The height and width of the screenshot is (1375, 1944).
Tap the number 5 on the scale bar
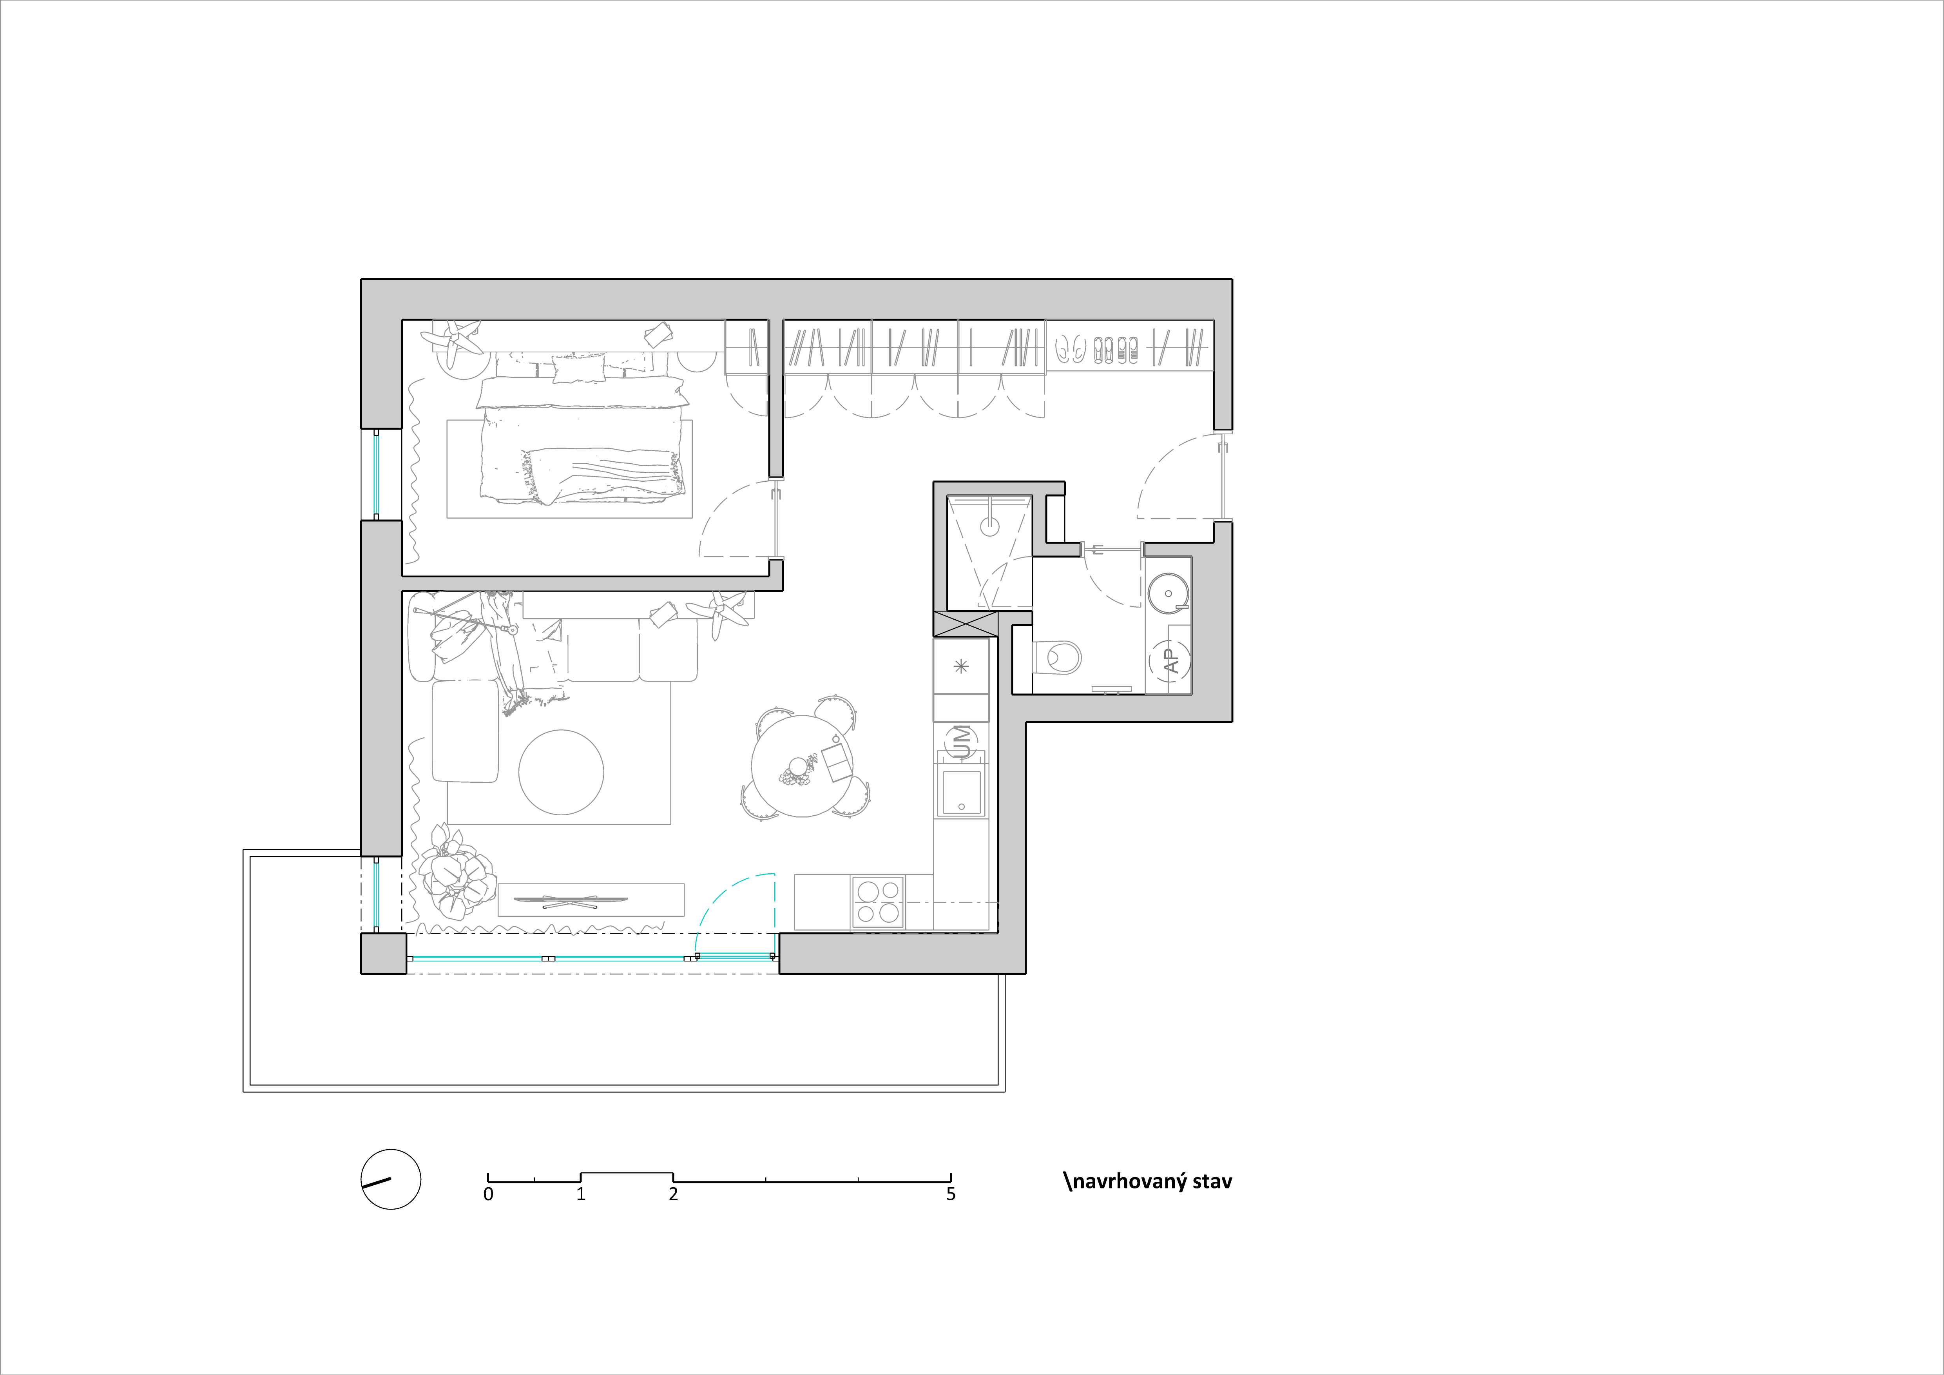click(951, 1194)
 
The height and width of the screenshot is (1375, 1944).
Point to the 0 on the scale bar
click(489, 1194)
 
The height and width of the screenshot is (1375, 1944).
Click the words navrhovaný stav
click(1148, 1181)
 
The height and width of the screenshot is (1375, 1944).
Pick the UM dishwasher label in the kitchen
click(961, 742)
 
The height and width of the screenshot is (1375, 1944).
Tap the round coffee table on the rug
click(562, 772)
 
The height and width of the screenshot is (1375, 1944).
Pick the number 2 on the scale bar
click(673, 1194)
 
